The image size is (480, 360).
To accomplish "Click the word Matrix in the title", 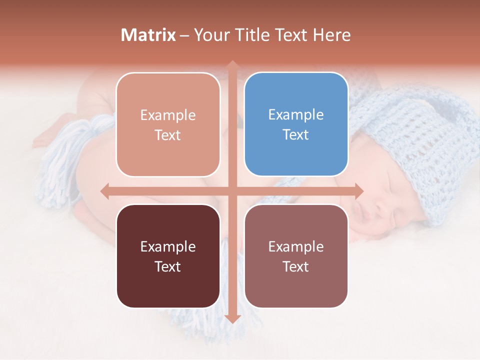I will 148,35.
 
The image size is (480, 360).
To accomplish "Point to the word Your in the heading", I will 212,35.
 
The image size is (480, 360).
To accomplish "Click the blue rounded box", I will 296,124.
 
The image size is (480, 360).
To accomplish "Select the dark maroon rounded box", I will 168,256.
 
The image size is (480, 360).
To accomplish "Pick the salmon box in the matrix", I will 168,124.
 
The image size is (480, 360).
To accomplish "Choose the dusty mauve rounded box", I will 296,256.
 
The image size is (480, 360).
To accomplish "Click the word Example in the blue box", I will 296,115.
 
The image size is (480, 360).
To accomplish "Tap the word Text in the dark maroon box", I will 168,266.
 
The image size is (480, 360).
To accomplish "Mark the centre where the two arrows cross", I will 232,191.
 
